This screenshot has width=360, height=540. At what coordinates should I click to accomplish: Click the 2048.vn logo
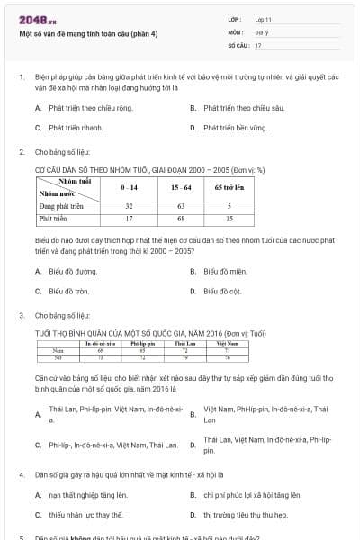pos(31,19)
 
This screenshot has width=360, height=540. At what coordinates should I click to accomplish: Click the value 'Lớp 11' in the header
pos(263,18)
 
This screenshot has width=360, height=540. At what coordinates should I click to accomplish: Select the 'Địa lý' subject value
pos(262,31)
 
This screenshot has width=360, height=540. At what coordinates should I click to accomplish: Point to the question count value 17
pos(258,45)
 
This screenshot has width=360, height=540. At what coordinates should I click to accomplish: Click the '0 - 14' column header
pos(129,187)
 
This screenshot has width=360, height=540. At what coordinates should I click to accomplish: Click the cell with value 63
pos(181,206)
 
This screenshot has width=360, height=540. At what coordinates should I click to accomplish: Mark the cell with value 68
pos(181,219)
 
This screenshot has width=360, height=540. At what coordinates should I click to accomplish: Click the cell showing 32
pos(129,206)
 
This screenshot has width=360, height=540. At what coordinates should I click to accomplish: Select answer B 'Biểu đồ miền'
pos(223,271)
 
